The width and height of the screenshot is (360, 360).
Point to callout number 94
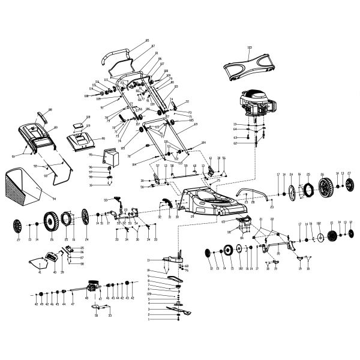[x=55, y=197]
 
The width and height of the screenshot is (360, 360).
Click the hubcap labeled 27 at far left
[x=17, y=226]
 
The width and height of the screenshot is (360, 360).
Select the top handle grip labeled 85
[x=118, y=54]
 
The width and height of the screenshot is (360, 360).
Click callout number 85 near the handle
[x=147, y=40]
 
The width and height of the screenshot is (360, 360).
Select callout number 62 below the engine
[x=235, y=143]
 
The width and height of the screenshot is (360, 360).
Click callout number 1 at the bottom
[x=148, y=319]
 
